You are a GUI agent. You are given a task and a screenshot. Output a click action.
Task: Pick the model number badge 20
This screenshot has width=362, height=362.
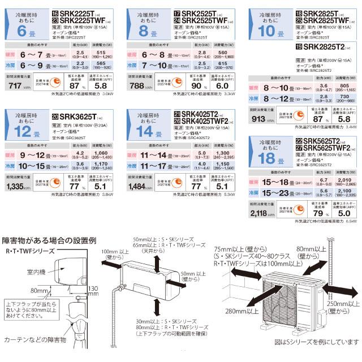point(55,116)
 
